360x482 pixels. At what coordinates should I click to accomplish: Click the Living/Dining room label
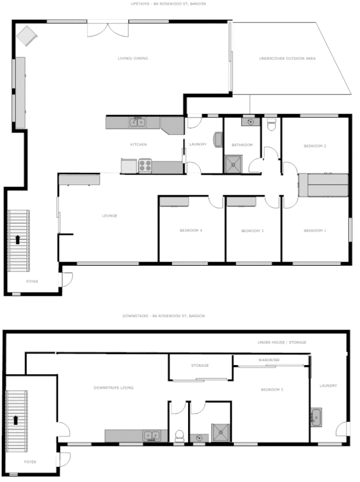tap(132, 58)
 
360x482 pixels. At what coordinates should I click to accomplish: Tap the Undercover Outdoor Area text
tap(287, 58)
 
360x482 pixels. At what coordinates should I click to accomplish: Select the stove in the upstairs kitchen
tap(145, 164)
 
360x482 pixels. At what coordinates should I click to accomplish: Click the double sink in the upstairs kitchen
tap(137, 123)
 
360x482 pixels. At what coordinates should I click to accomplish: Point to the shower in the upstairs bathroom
tap(232, 164)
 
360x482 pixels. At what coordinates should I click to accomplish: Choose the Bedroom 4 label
tap(191, 231)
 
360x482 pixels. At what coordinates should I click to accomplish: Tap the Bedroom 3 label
tap(252, 231)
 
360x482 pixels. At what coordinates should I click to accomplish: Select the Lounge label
tap(109, 216)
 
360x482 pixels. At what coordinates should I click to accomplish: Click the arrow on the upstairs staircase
tap(17, 239)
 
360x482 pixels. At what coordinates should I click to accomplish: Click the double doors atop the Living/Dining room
tap(109, 27)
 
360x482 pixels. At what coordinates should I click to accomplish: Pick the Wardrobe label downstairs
tap(268, 360)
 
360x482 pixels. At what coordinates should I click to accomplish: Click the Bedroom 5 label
tap(271, 390)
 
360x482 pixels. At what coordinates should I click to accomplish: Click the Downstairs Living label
tap(113, 387)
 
